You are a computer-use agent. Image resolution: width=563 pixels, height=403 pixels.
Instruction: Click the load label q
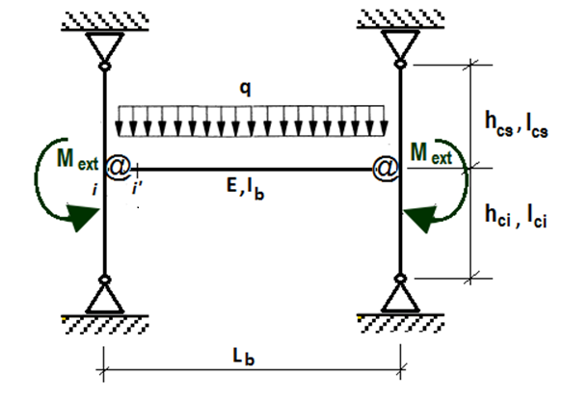pos(245,89)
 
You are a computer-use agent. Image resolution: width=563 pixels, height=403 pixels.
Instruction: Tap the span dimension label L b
pos(244,357)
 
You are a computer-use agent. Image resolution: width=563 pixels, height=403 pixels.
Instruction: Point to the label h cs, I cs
pos(517,124)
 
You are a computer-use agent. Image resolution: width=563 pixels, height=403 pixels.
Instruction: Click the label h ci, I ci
pos(516,216)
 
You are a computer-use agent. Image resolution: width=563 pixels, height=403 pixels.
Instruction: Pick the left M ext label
pos(77,158)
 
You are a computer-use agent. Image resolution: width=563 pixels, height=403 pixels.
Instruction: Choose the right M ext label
pos(431,153)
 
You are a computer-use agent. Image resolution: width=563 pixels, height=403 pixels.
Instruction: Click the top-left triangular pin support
pos(104,46)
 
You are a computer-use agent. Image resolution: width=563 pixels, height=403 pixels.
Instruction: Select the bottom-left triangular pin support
pos(104,299)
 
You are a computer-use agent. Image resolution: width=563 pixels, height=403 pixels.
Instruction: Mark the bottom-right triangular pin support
pos(400,298)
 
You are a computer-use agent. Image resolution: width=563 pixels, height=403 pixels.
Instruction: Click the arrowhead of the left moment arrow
pos(82,217)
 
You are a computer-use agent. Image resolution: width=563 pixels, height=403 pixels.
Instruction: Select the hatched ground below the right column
pos(401,323)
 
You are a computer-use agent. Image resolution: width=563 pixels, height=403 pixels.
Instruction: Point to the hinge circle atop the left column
pos(104,67)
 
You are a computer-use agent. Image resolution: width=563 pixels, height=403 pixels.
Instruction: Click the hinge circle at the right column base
pos(400,278)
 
